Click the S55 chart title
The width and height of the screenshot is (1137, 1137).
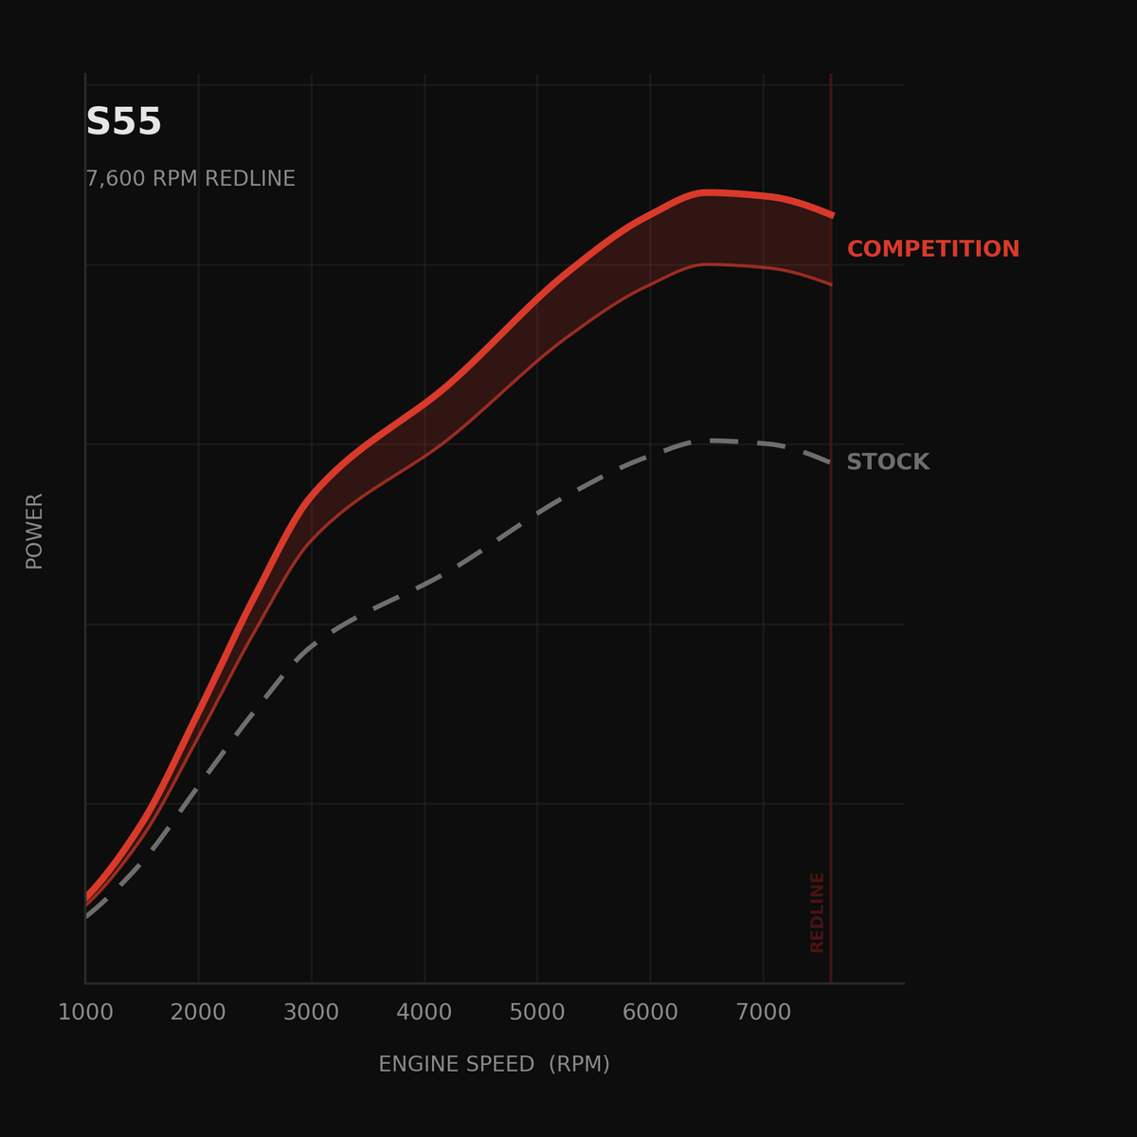pos(123,121)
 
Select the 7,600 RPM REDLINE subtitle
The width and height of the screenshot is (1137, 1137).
pos(190,178)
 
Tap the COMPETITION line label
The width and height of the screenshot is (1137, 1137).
pos(933,249)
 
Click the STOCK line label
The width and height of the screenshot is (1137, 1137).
pos(888,462)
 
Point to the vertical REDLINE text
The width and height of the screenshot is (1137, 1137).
pos(817,912)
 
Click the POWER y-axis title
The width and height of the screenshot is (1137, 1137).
pos(34,531)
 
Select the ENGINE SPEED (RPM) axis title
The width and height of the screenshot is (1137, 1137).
pos(494,1064)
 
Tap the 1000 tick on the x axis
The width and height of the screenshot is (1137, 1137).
pos(85,1012)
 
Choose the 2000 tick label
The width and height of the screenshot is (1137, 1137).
pos(198,1012)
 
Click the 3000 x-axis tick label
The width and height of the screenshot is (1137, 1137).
pos(311,1012)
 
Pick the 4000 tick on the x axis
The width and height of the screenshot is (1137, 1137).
pos(424,1012)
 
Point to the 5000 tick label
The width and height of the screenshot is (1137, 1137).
pos(537,1012)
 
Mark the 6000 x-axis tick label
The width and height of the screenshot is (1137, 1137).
pos(650,1012)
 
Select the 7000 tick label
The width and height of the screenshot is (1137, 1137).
pos(764,1012)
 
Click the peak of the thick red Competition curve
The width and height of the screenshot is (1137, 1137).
pos(707,192)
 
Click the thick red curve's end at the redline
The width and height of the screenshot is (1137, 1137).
pos(832,216)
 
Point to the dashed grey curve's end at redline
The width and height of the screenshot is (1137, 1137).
pos(831,463)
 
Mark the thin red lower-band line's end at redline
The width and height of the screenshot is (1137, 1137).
pos(831,285)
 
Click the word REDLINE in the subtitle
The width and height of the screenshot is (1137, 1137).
pos(249,178)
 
